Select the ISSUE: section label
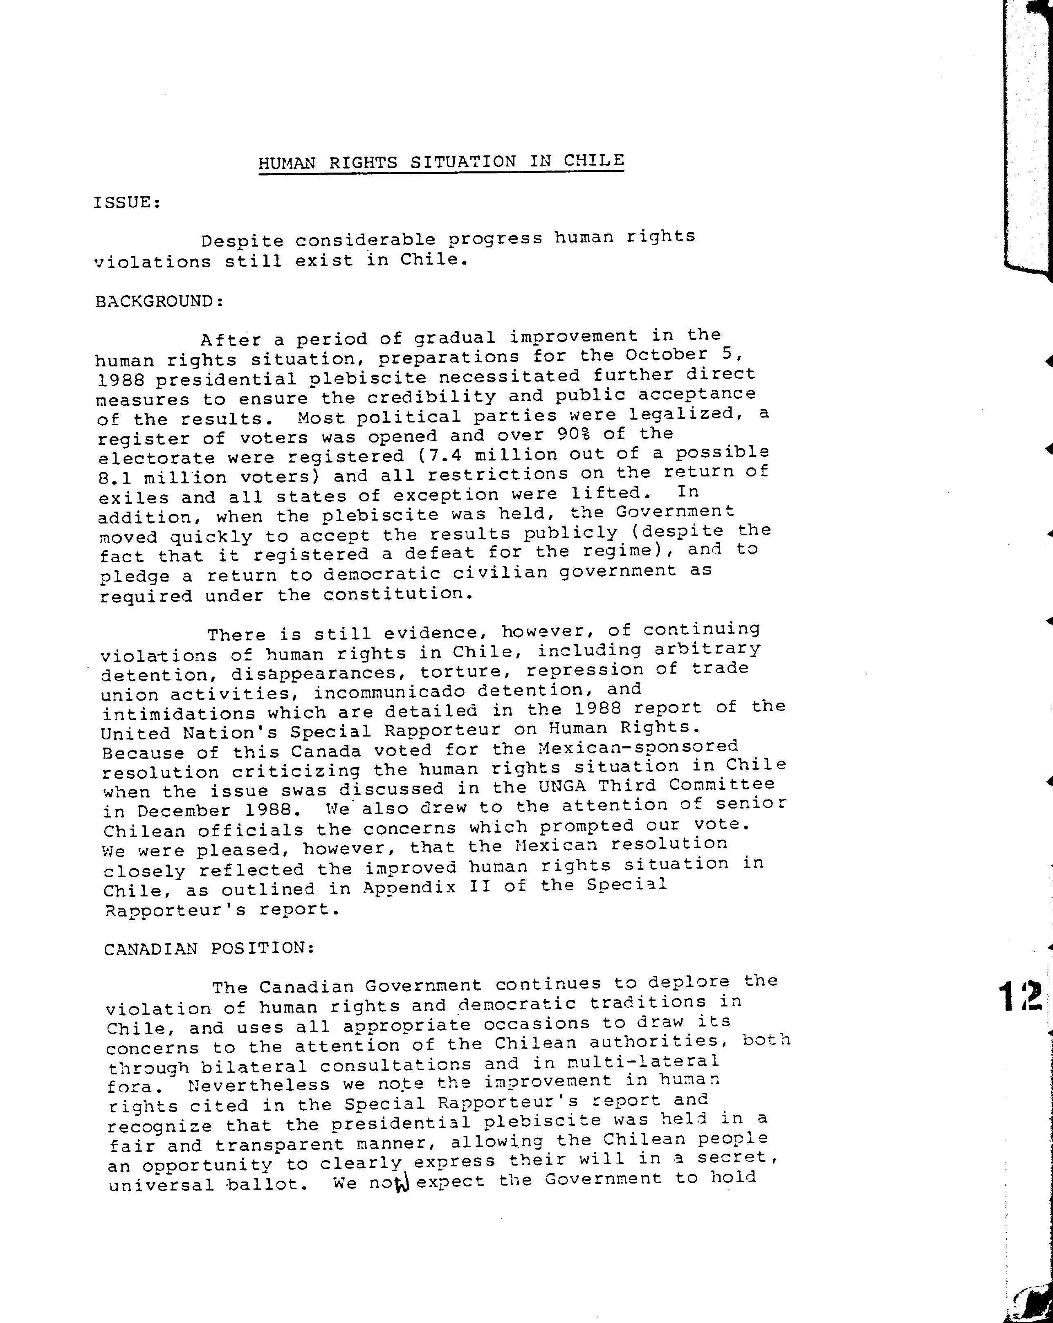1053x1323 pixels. [x=127, y=202]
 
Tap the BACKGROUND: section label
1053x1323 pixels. [x=159, y=301]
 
